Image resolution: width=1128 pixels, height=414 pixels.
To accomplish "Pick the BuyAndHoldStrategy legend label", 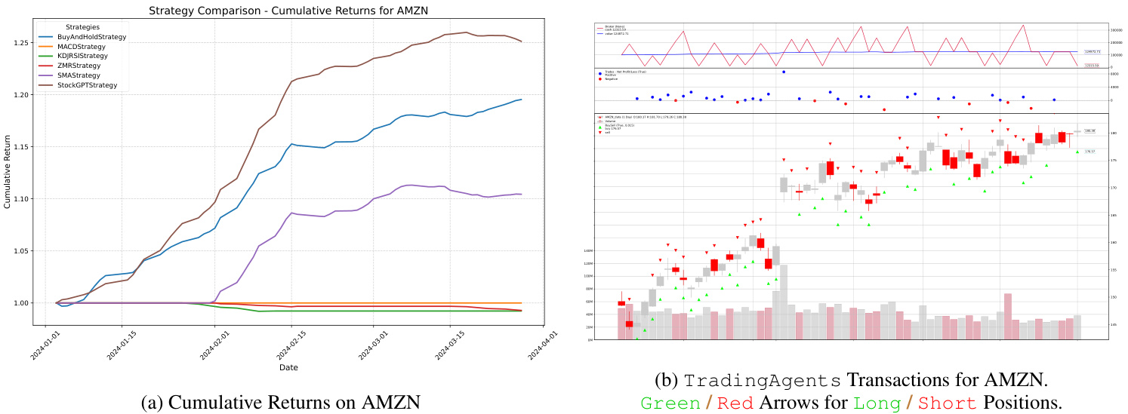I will click(91, 37).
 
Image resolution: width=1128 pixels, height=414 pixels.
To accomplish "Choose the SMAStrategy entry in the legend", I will click(79, 76).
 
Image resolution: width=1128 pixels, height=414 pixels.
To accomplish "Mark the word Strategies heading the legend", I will click(83, 27).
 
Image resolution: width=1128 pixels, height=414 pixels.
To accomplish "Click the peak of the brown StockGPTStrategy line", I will click(467, 32).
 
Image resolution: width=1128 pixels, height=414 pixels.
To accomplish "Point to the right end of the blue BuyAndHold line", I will click(521, 100).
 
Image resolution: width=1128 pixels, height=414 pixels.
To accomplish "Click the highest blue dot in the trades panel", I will click(784, 72).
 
